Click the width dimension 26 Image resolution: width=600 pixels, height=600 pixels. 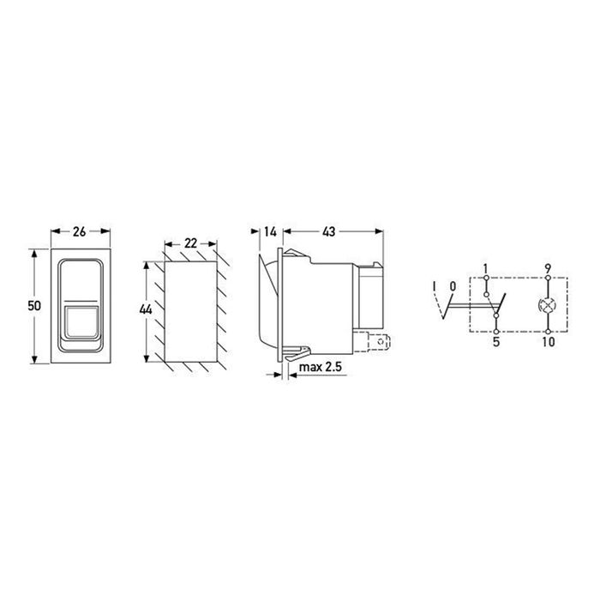point(79,231)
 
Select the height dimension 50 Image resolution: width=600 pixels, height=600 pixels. point(34,306)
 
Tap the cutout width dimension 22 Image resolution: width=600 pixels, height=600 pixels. point(190,243)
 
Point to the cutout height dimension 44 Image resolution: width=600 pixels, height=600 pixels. point(146,309)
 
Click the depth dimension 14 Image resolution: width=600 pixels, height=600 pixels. point(270,231)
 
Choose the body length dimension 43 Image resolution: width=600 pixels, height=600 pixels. point(328,231)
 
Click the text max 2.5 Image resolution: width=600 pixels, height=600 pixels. point(321,367)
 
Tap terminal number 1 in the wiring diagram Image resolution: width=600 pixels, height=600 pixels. point(486,267)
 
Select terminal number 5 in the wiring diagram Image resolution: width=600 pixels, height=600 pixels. point(496,342)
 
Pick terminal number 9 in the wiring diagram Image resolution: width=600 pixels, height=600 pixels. point(548,267)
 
